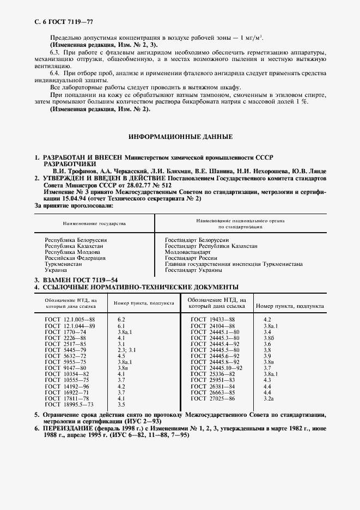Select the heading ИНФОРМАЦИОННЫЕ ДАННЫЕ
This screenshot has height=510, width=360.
(180, 136)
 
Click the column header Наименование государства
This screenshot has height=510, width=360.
(93, 223)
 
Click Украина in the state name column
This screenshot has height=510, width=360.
(56, 270)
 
